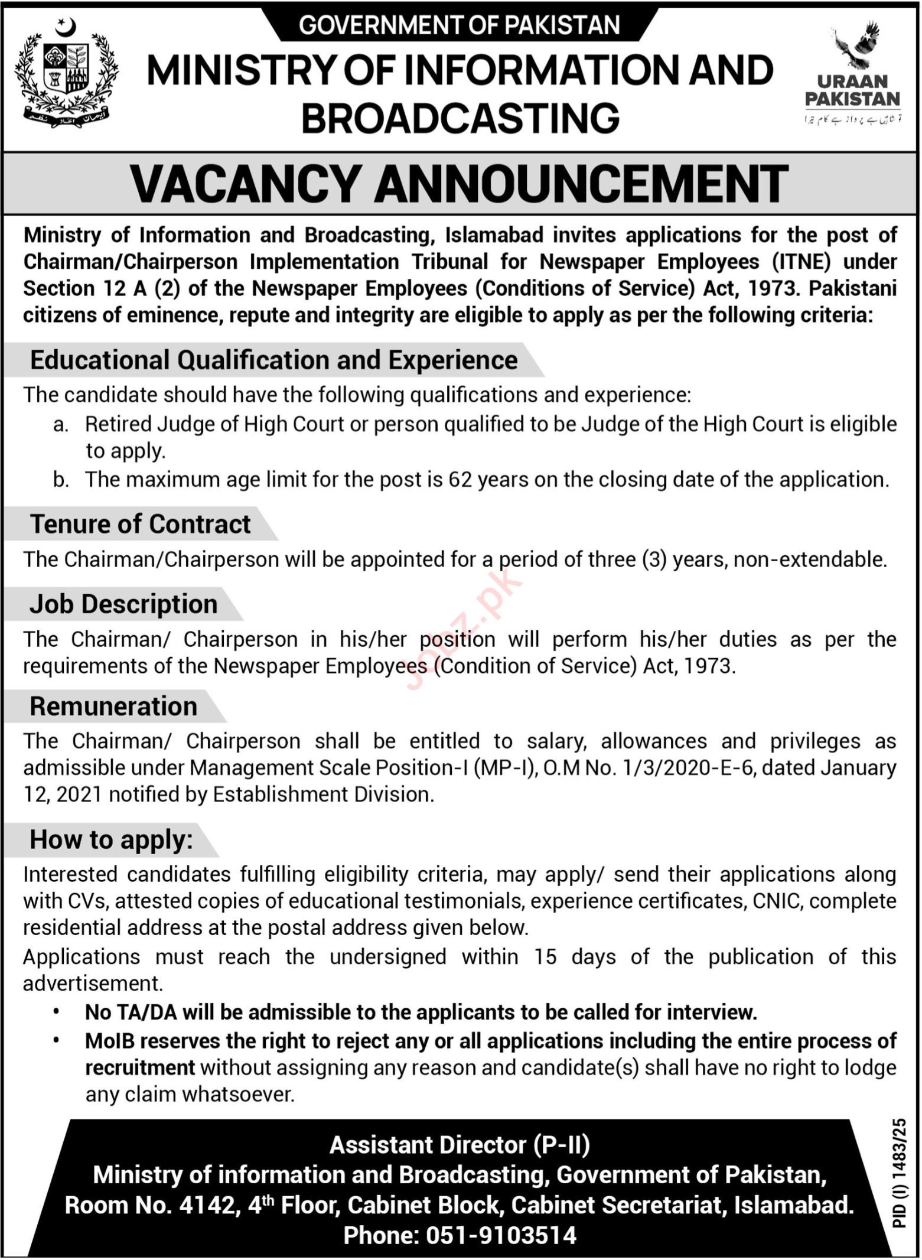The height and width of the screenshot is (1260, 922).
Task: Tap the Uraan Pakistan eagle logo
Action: [x=852, y=71]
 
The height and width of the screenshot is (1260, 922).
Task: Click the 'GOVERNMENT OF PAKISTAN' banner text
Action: [x=460, y=25]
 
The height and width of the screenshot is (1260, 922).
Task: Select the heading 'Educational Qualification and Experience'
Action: [x=273, y=360]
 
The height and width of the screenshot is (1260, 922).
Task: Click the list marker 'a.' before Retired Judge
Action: [x=61, y=424]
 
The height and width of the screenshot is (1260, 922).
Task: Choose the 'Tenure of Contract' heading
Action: [x=140, y=524]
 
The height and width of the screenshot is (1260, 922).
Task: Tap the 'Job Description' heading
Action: [x=123, y=604]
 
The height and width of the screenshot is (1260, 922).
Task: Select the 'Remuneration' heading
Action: [x=113, y=706]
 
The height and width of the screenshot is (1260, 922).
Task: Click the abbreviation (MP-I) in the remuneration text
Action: [x=504, y=768]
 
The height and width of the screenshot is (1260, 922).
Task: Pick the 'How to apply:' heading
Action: [x=111, y=839]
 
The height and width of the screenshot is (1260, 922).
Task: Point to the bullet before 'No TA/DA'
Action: [x=57, y=1012]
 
